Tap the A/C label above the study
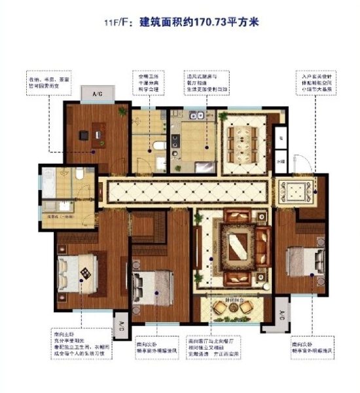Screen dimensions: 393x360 coord(97,94)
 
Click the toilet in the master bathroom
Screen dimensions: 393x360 coord(77,175)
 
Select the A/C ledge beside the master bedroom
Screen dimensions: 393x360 coord(122,325)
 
